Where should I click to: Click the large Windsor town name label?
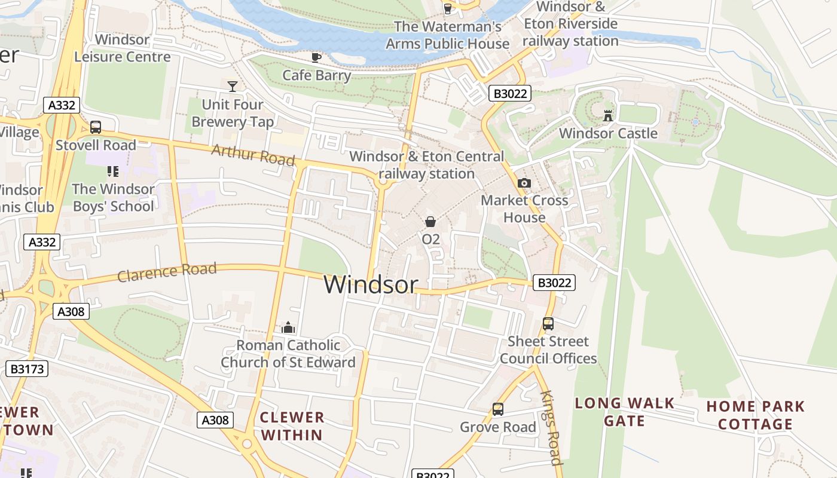point(371,284)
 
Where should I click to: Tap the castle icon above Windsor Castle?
point(608,115)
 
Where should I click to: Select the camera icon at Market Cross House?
point(524,183)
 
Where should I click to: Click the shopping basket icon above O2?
point(430,222)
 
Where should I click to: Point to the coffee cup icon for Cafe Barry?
point(316,57)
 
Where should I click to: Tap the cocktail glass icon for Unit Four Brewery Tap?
point(233,87)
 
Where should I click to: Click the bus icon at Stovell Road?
point(95,127)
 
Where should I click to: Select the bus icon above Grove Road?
point(498,409)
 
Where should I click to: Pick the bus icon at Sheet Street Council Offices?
point(548,324)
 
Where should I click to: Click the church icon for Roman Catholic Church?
point(288,327)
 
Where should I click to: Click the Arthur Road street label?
point(253,155)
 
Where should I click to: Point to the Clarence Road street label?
point(167,272)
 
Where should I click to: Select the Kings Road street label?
point(552,427)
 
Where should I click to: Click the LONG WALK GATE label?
point(625,412)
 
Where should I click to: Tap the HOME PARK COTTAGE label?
point(756,415)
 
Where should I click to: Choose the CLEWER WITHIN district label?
point(292,426)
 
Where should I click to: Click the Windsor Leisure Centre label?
point(123,48)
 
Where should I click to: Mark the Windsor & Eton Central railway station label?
point(427,165)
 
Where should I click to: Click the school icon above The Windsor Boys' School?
point(113,171)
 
